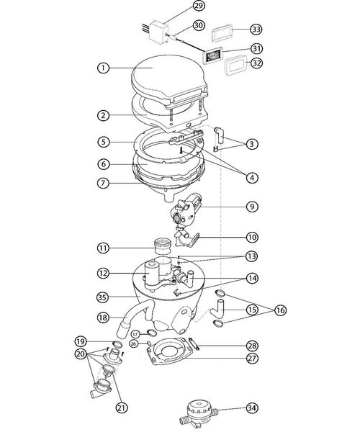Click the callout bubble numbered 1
(104, 68)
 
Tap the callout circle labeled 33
(256, 30)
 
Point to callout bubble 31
(256, 49)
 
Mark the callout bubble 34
(251, 408)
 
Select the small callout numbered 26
(135, 344)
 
